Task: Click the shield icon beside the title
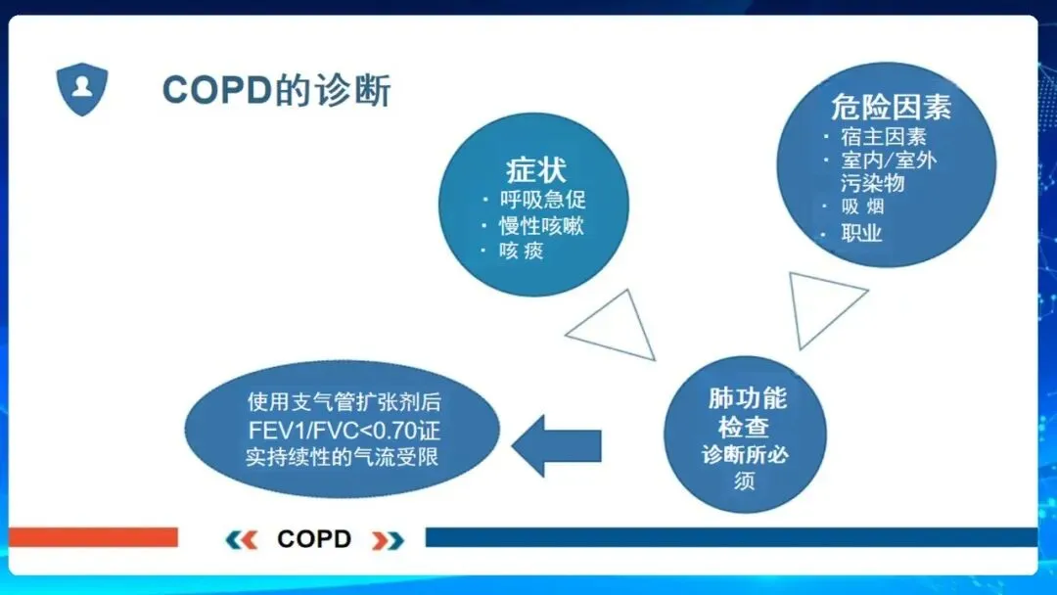pos(81,89)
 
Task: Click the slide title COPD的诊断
pos(276,90)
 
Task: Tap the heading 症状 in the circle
pos(536,170)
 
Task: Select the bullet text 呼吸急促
pos(542,200)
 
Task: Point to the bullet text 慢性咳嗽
pos(541,226)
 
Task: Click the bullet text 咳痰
pos(521,251)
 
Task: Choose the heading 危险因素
pos(891,107)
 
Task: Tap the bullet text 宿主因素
pos(884,137)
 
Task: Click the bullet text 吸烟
pos(862,206)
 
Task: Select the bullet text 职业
pos(861,233)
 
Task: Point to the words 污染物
pos(872,183)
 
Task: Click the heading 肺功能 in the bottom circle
pos(748,398)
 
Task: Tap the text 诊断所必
pos(745,455)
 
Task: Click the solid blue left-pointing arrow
pos(557,445)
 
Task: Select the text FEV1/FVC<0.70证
pos(344,430)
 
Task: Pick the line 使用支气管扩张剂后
pos(344,401)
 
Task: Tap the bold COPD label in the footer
pos(314,539)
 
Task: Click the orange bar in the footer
pos(94,537)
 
